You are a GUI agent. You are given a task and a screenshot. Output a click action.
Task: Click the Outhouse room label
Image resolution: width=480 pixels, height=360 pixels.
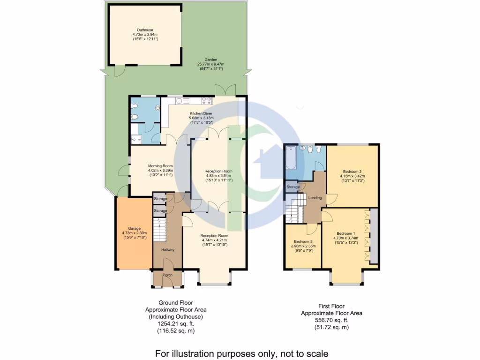tap(145, 30)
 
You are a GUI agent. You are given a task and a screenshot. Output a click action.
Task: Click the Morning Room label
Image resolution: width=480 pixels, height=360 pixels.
tap(160, 166)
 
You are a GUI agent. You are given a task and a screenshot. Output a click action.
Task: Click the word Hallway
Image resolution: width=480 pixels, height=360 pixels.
tap(168, 250)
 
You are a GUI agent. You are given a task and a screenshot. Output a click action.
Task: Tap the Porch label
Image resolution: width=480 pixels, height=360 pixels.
tap(167, 275)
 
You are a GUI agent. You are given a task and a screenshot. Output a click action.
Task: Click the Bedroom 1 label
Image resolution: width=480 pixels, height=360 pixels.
tap(346, 233)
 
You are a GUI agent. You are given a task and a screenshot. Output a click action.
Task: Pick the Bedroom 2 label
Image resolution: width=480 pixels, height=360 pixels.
tap(352, 171)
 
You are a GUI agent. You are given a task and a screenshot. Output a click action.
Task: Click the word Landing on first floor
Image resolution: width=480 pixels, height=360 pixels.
tap(315, 198)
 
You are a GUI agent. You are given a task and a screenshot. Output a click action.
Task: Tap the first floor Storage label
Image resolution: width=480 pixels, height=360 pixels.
tap(293, 187)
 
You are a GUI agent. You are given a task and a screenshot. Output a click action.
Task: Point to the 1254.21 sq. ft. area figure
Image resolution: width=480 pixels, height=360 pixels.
tap(169, 324)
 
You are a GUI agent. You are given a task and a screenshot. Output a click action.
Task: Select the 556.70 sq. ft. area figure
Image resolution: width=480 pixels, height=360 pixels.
tap(331, 320)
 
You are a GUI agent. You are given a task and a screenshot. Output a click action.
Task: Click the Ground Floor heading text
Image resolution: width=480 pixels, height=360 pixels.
tap(176, 303)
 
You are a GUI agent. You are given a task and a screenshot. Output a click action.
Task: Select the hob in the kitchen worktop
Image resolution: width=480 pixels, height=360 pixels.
tap(207, 100)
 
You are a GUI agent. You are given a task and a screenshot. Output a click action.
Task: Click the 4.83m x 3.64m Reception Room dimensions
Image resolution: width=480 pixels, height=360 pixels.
tap(218, 176)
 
